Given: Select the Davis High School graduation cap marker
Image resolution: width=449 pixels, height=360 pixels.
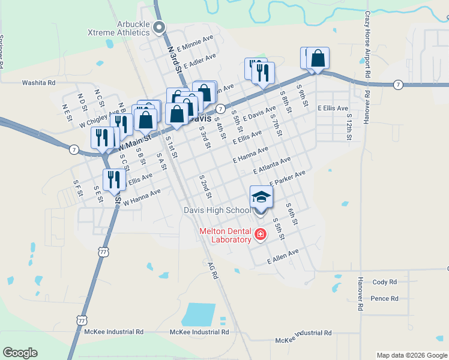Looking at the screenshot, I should tap(261, 197).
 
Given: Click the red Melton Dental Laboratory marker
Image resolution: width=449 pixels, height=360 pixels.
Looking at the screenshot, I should tap(261, 234).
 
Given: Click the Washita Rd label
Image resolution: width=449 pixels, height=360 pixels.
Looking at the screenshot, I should tap(38, 83).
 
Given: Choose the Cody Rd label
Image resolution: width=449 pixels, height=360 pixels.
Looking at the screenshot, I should tap(385, 282).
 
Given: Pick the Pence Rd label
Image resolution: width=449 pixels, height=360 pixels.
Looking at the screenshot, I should tap(385, 298).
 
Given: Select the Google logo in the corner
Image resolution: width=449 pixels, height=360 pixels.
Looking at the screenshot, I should tap(20, 353).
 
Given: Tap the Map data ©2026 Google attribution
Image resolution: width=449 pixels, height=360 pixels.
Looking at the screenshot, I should tap(412, 355).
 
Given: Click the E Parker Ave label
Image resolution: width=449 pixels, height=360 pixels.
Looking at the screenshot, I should tap(288, 178).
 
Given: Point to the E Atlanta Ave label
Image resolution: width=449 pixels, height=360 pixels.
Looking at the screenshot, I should tap(272, 166).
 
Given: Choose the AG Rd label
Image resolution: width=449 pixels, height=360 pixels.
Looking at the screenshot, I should tap(212, 271).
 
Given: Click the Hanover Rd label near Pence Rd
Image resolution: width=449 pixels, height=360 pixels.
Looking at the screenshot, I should tap(361, 293).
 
